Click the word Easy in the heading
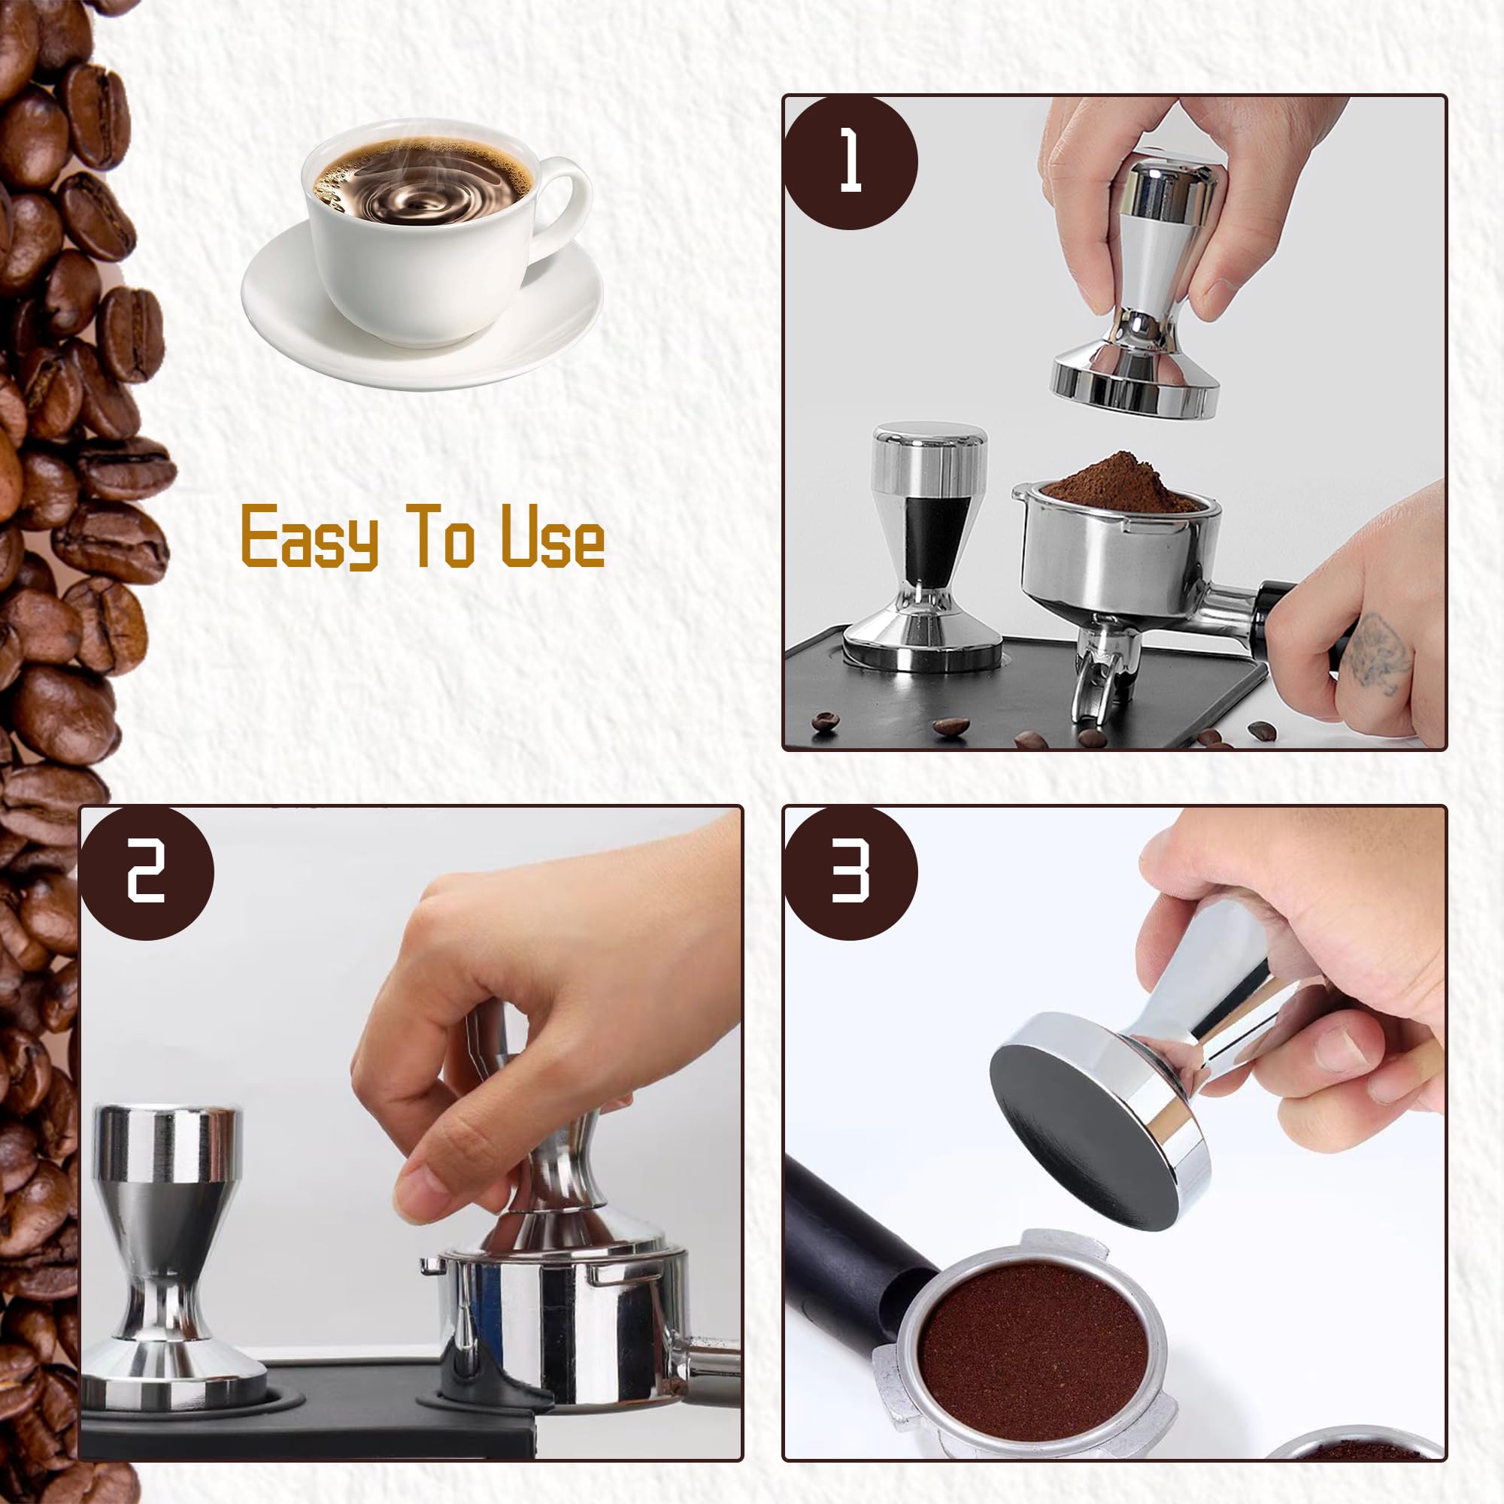(310, 536)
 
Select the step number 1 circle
(850, 162)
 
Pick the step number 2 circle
(147, 872)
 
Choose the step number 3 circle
(850, 872)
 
